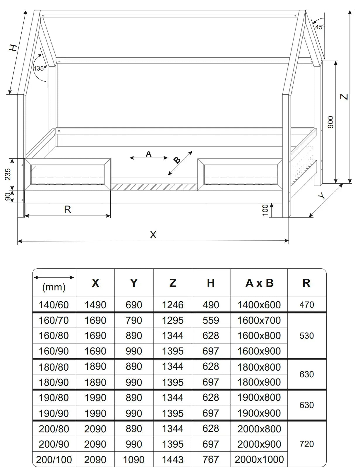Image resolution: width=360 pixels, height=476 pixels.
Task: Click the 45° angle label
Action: coord(320,27)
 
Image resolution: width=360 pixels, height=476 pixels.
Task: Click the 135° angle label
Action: coord(40,69)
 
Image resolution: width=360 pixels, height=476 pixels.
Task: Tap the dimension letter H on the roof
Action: coord(13,48)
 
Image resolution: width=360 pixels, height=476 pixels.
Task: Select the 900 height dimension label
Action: coord(330,122)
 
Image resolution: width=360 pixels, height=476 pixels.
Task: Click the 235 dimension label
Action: coord(8,174)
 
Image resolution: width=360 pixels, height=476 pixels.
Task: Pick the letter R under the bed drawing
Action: coord(67,209)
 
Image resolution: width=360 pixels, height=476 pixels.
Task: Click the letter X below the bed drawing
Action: coord(153,234)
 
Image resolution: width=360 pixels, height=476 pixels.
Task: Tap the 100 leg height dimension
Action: coord(265,210)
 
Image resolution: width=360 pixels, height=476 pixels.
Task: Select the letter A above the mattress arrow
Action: coord(149,154)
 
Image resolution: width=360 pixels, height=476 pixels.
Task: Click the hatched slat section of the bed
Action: coord(154,187)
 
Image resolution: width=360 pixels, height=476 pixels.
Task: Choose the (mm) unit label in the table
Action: coord(54,287)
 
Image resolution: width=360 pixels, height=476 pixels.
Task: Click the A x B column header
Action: coord(259,283)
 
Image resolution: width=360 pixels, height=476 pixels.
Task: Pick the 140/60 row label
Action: coord(54,305)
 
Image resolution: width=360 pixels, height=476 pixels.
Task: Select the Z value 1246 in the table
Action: coord(173,305)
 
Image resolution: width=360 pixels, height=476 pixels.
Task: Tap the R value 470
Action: coord(306,305)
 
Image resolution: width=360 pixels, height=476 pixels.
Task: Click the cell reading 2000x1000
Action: coord(259,459)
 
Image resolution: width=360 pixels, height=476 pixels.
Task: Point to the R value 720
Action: coord(306,444)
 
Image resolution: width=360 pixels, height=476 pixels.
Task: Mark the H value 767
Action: coord(211,459)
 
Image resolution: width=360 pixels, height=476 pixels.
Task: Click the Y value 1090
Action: coord(134,459)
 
